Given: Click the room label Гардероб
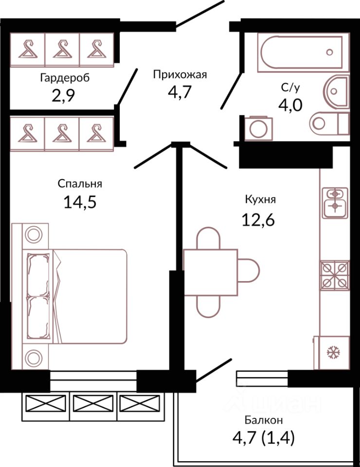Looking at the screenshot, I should click(65, 78).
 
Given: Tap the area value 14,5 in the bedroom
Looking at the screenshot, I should click(80, 201).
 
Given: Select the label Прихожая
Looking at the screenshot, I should click(180, 74).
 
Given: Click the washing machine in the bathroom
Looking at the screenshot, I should click(255, 127).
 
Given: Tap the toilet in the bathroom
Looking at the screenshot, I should click(326, 122).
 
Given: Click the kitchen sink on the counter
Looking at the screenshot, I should click(334, 201).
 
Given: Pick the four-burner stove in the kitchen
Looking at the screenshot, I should click(334, 275).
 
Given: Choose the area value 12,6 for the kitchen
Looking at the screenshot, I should click(259, 220).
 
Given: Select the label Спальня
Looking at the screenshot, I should click(80, 183).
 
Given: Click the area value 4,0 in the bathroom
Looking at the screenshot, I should click(291, 105).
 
